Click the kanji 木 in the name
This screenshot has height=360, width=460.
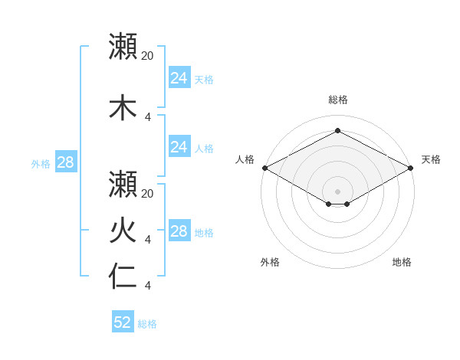122,108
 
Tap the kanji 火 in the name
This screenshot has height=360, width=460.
122,231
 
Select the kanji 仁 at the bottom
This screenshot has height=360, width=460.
122,277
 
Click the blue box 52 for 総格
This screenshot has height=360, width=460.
123,322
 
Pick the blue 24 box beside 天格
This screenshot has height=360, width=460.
179,77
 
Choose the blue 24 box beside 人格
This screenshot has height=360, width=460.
179,146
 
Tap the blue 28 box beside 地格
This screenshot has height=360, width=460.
179,231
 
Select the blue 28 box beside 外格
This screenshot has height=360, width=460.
65,162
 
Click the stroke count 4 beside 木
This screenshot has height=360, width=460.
147,117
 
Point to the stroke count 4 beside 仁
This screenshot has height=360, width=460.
147,286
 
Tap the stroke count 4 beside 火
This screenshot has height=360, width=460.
147,240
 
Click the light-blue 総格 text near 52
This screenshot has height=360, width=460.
147,324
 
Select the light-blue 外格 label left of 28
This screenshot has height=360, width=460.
41,163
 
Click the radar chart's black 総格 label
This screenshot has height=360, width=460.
337,100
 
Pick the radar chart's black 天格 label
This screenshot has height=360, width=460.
431,159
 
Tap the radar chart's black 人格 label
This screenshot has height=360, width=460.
245,159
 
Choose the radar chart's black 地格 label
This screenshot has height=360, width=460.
402,262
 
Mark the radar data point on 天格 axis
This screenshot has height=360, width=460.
411,168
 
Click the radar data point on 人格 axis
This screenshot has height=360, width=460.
264,168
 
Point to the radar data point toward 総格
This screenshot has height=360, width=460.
337,130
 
